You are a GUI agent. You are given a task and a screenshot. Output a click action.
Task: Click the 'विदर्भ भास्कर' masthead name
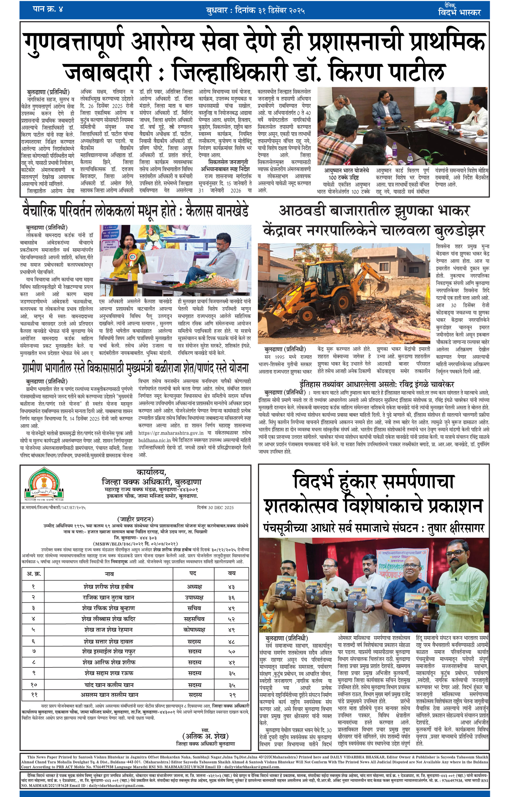click(459, 13)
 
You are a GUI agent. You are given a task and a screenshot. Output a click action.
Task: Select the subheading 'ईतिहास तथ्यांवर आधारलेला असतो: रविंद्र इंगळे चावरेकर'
click(376, 384)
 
